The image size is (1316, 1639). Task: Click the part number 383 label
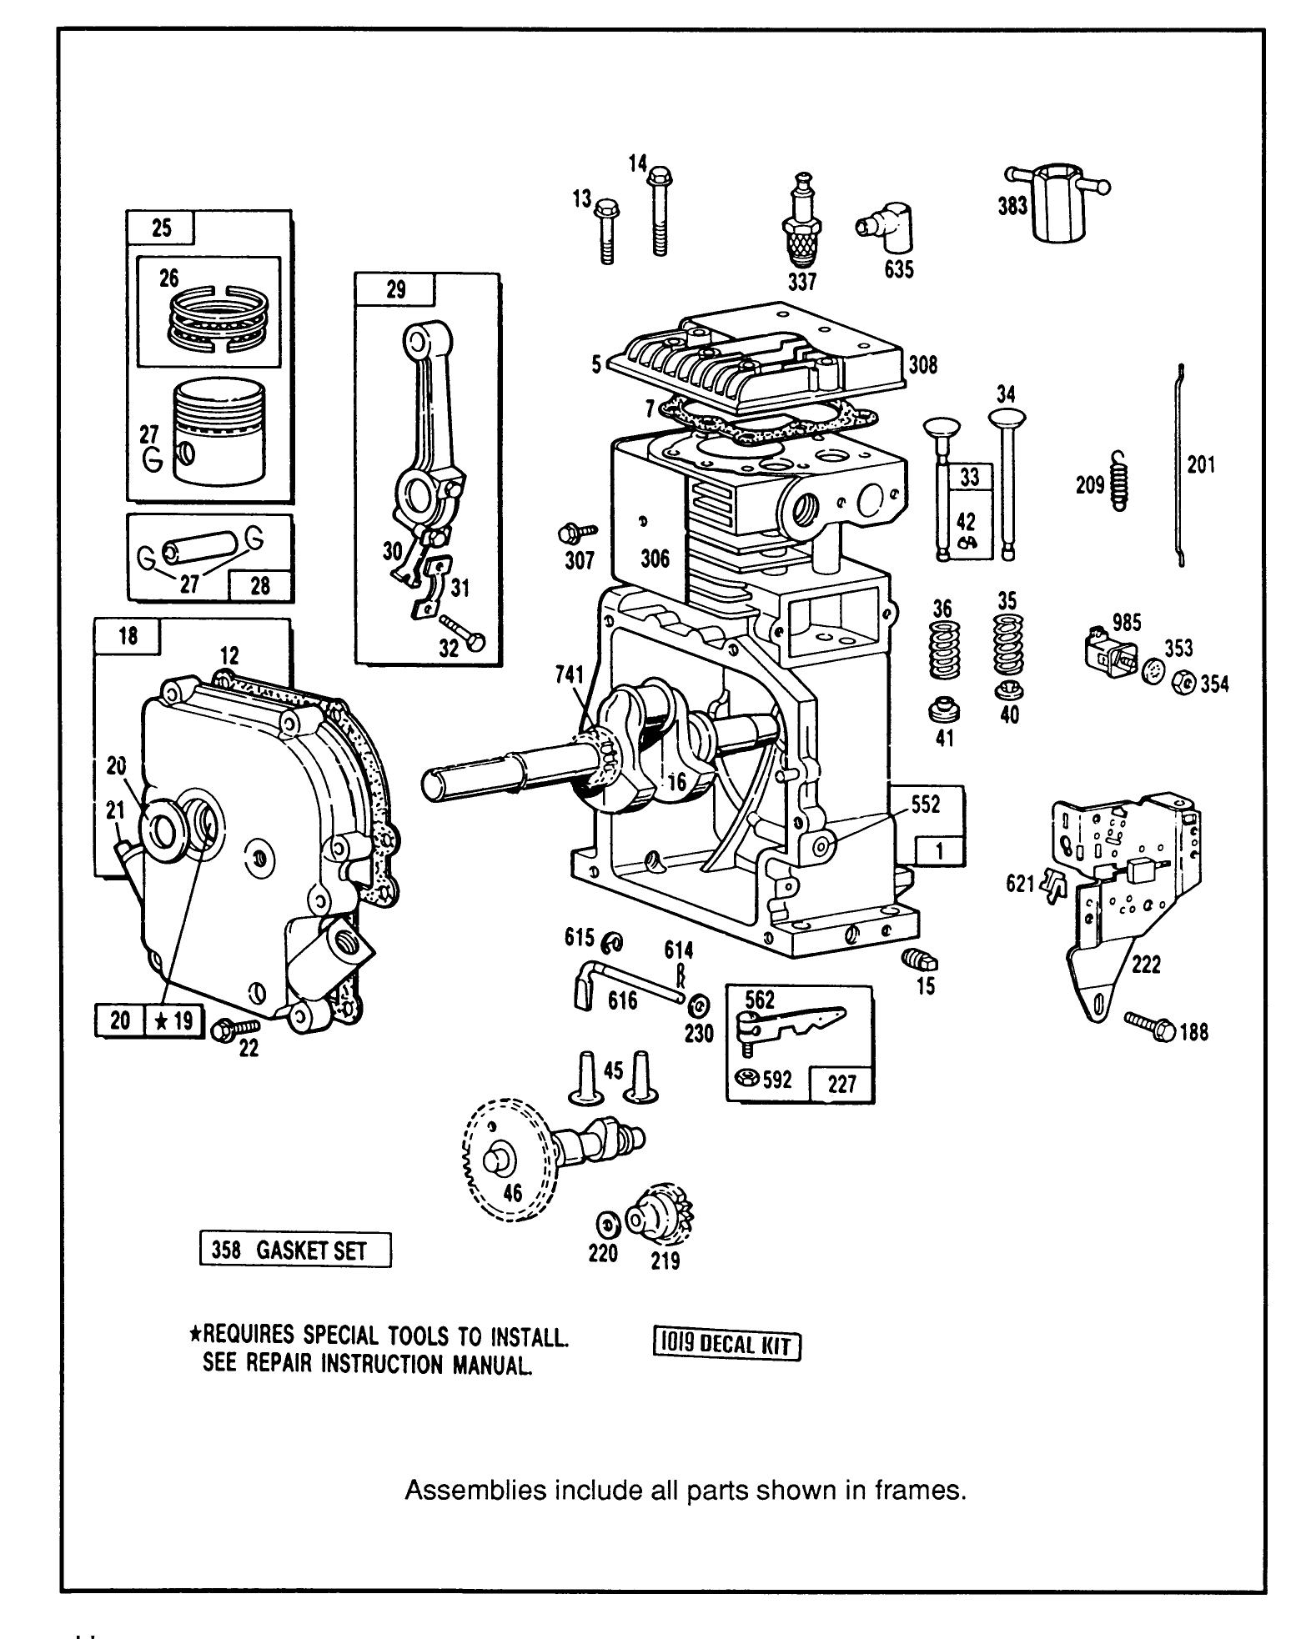pos(1012,205)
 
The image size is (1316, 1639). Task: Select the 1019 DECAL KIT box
pos(725,1345)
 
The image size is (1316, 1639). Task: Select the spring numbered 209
pos(1120,481)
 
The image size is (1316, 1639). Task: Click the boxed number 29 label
pos(395,289)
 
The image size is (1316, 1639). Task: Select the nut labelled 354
pos(1183,682)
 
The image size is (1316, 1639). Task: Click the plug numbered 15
pos(920,960)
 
